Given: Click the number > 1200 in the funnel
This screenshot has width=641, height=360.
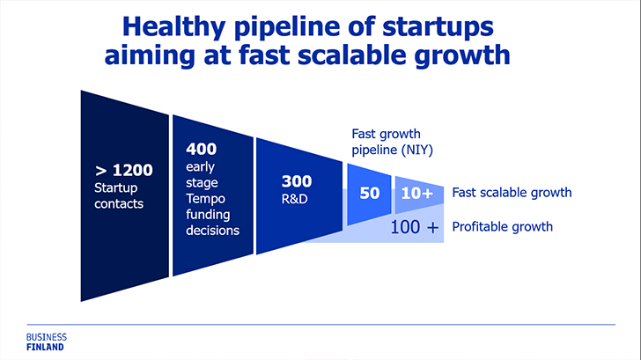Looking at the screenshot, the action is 123,170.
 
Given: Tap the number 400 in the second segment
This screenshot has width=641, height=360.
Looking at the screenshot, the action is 201,149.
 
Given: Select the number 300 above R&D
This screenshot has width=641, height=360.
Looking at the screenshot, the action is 297,181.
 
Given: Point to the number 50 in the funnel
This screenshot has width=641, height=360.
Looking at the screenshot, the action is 370,193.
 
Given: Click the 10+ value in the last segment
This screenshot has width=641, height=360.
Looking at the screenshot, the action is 417,193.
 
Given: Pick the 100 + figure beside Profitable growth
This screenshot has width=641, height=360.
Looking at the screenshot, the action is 415,227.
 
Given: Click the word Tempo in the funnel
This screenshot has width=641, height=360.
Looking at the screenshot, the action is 206,199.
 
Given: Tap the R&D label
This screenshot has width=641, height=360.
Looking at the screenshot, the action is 295,199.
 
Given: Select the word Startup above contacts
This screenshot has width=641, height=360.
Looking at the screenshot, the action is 115,188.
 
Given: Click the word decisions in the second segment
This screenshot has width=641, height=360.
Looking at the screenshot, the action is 212,231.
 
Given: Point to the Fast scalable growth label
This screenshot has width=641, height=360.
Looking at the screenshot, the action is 512,193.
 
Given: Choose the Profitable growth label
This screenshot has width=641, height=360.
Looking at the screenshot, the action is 503,227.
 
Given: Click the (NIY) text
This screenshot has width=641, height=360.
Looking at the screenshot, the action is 416,150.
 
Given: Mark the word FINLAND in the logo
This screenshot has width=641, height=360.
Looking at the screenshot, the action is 46,348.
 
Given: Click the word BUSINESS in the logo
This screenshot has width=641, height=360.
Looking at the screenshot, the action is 47,337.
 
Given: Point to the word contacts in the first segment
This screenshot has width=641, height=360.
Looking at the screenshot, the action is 119,204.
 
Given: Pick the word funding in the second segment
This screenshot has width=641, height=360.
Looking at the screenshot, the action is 208,215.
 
